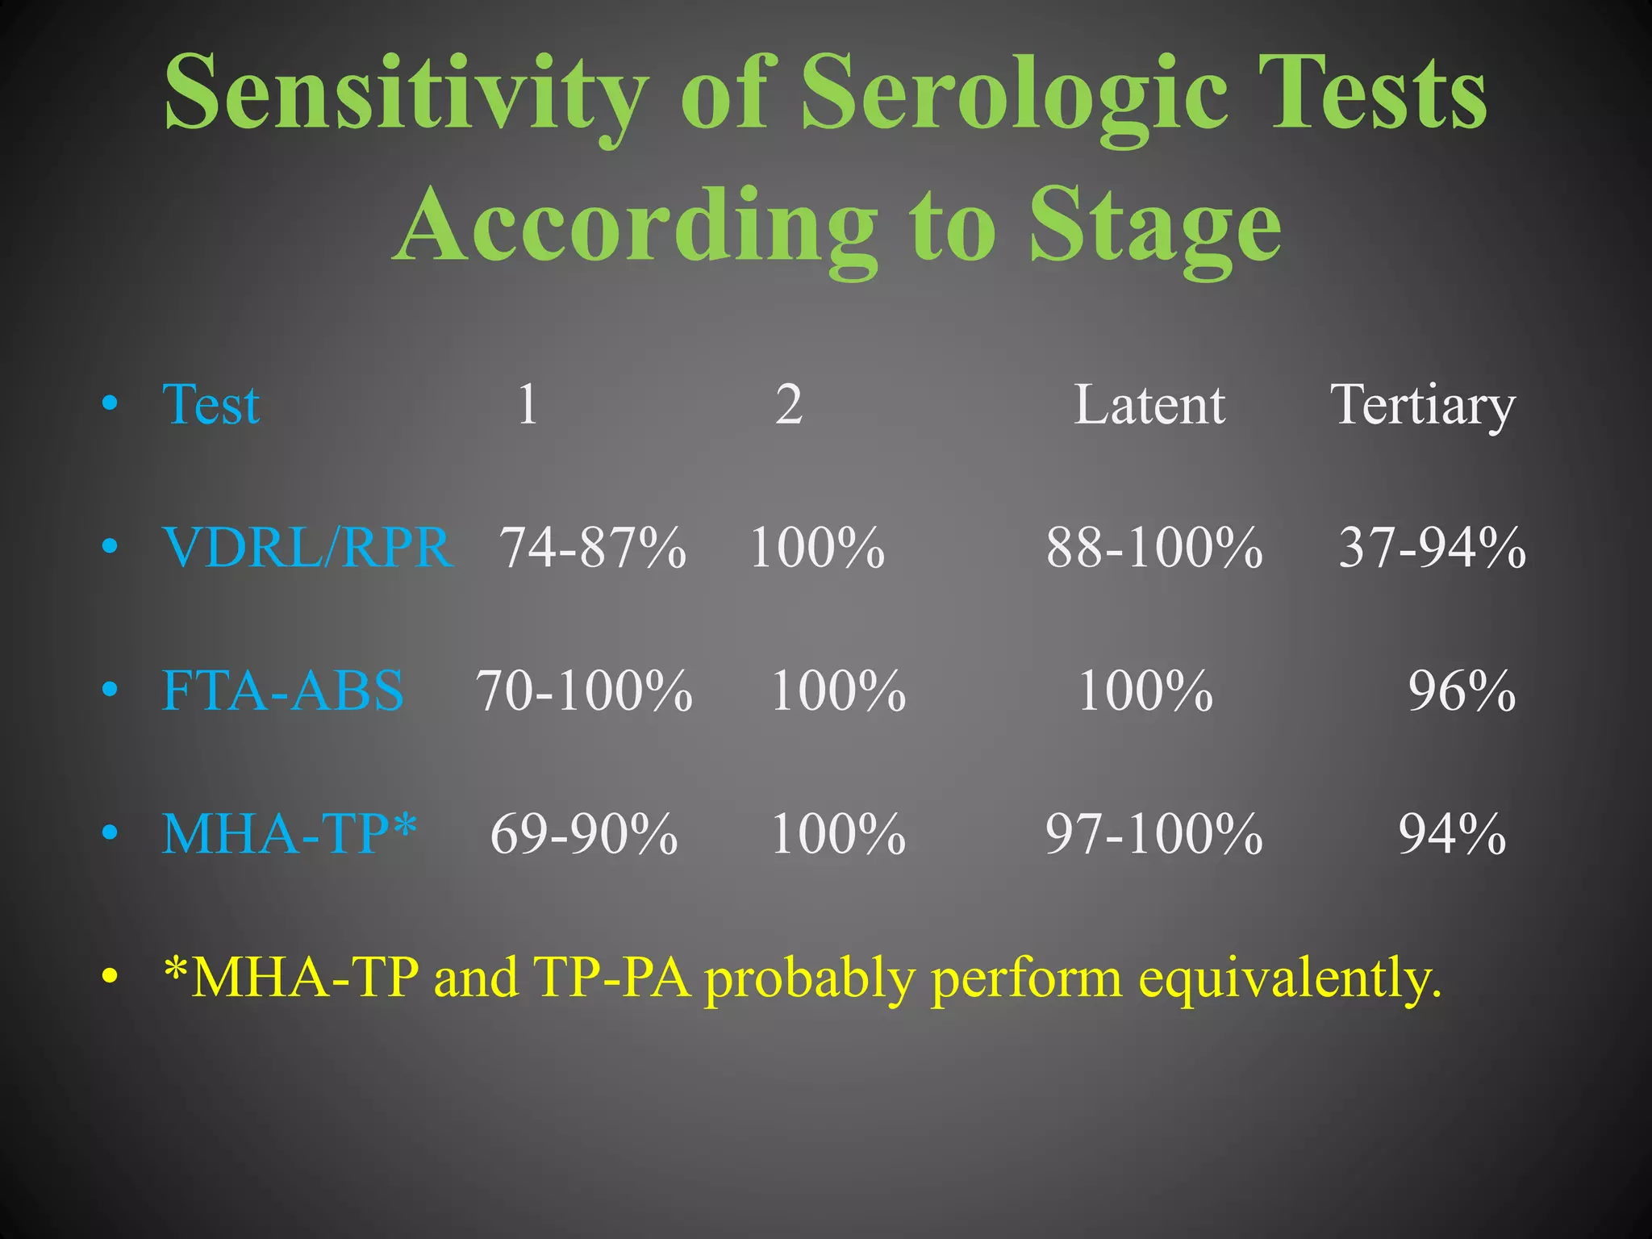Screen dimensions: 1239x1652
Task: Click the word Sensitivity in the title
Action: [x=406, y=93]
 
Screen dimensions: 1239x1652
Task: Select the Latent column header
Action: [x=1149, y=404]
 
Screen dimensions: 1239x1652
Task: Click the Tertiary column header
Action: [x=1422, y=404]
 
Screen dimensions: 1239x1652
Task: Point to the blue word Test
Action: [x=211, y=404]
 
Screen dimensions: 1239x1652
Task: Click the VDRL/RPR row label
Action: [x=307, y=548]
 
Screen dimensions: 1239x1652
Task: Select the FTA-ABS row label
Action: [x=282, y=691]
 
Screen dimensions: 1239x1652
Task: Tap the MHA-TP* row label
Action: [x=289, y=833]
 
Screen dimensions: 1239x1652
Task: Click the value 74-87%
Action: [x=593, y=548]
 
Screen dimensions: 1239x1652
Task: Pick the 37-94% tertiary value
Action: [x=1432, y=548]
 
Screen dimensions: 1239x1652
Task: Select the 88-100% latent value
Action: [x=1153, y=548]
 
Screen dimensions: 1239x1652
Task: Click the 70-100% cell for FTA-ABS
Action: [x=583, y=691]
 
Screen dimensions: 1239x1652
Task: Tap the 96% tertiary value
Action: [x=1461, y=691]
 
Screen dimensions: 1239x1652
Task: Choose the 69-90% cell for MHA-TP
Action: [x=583, y=833]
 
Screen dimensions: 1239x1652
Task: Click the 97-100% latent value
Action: [x=1153, y=833]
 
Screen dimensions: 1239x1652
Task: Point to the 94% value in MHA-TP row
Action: [x=1451, y=833]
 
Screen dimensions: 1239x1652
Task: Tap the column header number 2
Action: [x=788, y=404]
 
